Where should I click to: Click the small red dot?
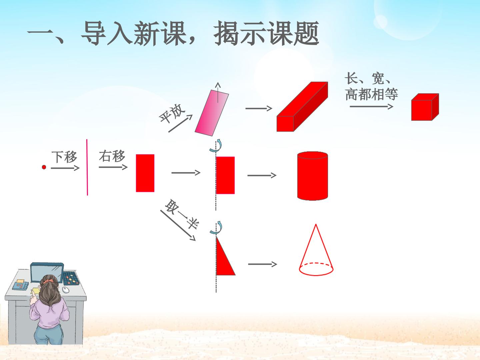(x=44, y=167)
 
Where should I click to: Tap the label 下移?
(x=64, y=157)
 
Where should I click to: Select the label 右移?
(x=112, y=156)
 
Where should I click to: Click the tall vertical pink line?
(x=87, y=167)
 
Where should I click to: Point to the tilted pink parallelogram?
(x=212, y=113)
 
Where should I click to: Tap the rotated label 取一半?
(x=182, y=214)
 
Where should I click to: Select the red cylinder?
(x=312, y=176)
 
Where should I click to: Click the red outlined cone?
(x=316, y=250)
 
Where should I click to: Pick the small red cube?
(x=425, y=107)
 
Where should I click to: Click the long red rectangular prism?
(x=302, y=107)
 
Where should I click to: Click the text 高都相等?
(x=372, y=94)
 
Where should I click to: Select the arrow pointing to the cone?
(x=262, y=264)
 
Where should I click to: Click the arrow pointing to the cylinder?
(x=262, y=175)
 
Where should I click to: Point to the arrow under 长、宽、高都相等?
(x=371, y=107)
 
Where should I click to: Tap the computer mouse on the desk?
(x=66, y=290)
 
